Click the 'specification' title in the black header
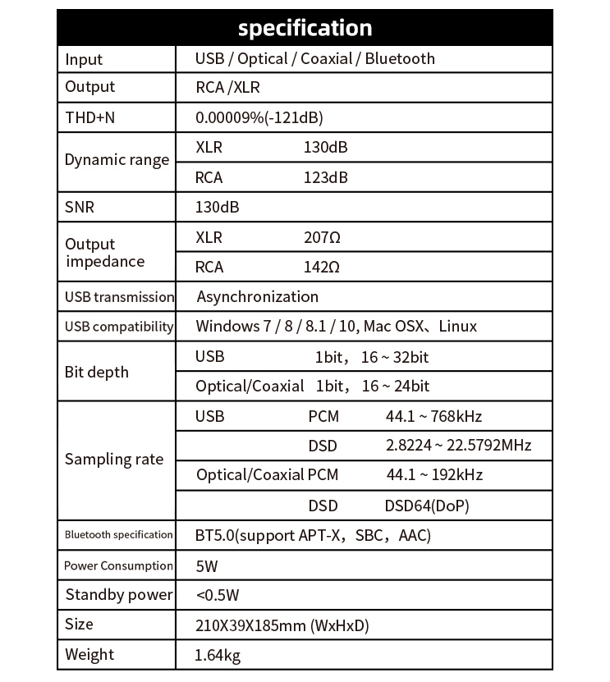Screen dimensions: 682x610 (305, 28)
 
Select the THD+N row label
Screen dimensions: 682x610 (90, 117)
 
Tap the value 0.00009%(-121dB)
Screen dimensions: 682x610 (259, 117)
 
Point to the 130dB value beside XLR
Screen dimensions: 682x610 (325, 148)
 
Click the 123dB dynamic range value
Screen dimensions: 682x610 (325, 177)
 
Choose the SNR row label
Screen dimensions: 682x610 (80, 207)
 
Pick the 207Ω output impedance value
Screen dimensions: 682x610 (322, 237)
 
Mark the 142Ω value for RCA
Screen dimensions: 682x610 (322, 267)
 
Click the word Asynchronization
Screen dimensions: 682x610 (258, 296)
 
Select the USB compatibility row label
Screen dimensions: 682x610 (119, 327)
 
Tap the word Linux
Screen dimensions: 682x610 (457, 326)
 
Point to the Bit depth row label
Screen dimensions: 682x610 (97, 372)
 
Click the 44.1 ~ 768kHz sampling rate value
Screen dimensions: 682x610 (433, 416)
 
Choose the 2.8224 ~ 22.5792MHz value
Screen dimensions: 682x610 (458, 446)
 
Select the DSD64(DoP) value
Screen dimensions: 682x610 (427, 506)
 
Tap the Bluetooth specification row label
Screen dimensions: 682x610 (119, 535)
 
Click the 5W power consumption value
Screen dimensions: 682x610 (207, 565)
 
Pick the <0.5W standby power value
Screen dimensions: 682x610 (218, 595)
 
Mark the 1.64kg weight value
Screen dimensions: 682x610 (218, 655)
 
